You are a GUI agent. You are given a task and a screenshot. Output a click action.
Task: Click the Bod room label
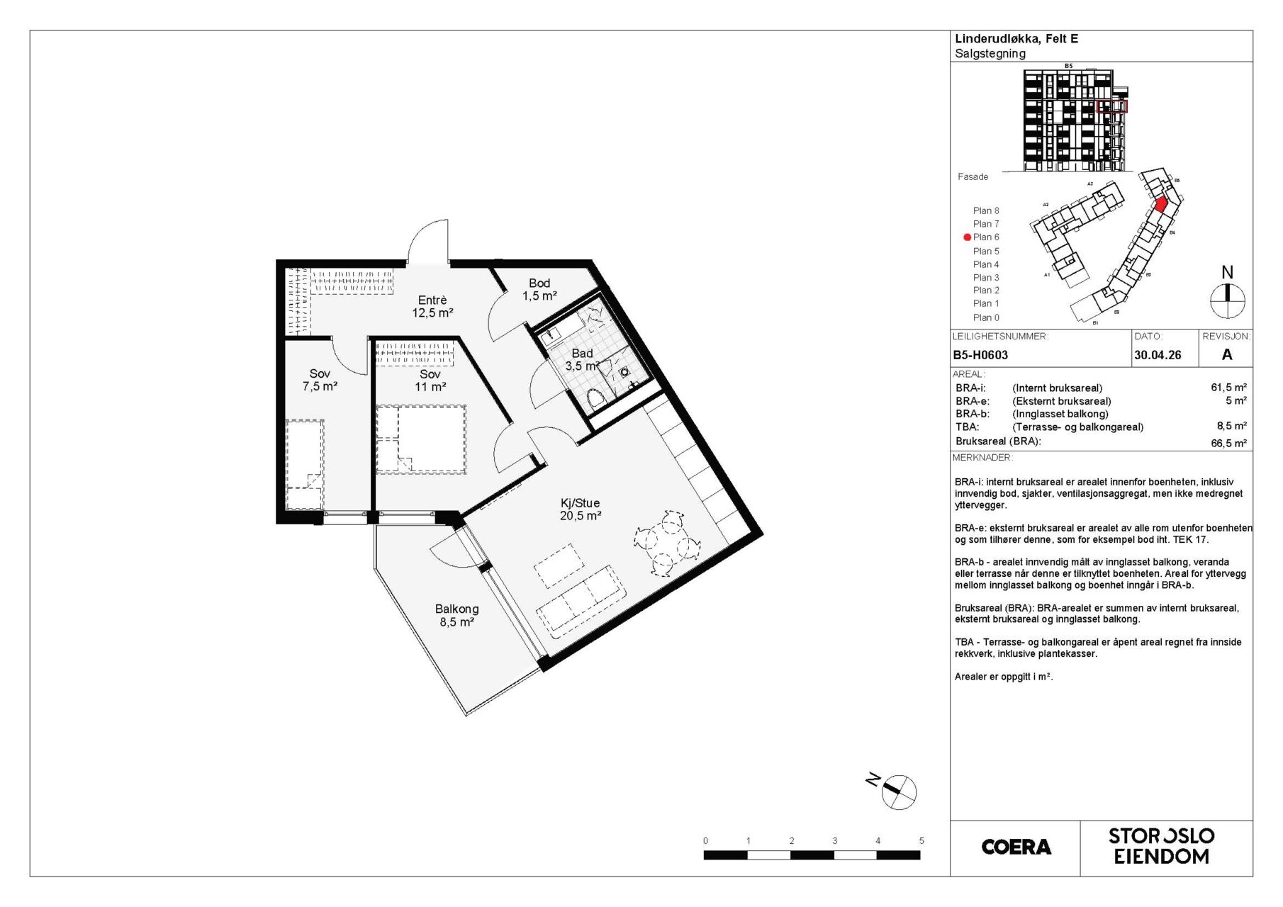click(x=539, y=289)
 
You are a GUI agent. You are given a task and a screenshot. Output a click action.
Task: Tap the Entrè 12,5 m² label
click(x=432, y=306)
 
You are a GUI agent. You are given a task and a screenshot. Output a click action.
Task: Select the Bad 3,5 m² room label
click(x=582, y=359)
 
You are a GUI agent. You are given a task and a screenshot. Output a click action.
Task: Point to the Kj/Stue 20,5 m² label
click(x=580, y=509)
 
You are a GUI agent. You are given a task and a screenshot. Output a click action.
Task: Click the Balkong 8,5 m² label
click(x=456, y=615)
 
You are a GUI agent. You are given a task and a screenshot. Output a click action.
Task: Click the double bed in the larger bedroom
click(x=420, y=439)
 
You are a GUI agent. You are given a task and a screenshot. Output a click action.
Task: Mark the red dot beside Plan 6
click(x=967, y=238)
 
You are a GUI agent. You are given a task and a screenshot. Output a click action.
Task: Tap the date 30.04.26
click(x=1158, y=356)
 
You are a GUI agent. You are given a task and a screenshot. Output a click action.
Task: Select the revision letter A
click(x=1227, y=355)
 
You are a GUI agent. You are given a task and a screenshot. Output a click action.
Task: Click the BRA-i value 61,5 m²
click(x=1228, y=388)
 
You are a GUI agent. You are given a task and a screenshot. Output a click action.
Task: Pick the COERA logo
click(x=1016, y=847)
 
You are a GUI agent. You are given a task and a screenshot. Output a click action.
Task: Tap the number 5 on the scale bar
click(x=921, y=841)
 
